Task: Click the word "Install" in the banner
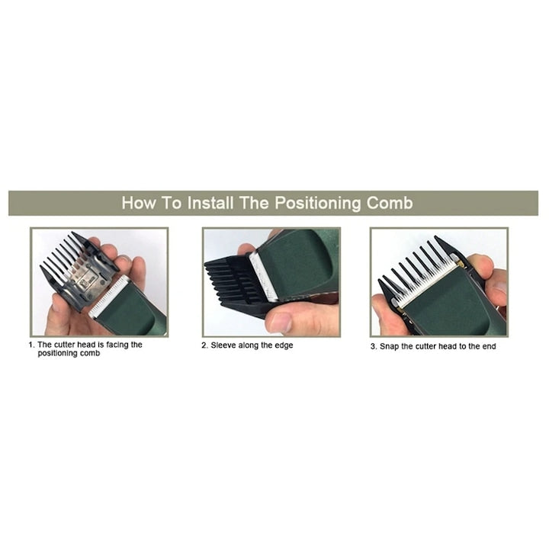210,203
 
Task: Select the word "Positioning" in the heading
317,204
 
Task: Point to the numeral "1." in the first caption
31,345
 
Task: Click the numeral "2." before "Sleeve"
204,345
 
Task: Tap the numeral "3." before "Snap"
374,347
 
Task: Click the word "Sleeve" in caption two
223,345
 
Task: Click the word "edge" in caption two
284,346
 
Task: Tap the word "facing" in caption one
117,345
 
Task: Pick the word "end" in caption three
489,347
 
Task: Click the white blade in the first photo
109,296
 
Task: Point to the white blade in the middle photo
264,277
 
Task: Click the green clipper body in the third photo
451,301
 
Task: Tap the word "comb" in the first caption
90,353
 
